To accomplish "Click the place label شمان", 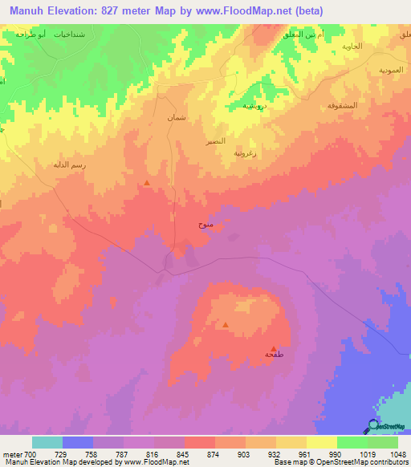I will pos(177,118).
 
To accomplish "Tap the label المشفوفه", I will pos(341,105).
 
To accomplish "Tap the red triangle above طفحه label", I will pos(274,348).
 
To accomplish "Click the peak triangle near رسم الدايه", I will pos(147,184).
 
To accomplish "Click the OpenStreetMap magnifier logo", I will pos(373,424).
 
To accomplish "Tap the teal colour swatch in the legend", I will pos(47,442).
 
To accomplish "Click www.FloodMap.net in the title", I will pos(251,9).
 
